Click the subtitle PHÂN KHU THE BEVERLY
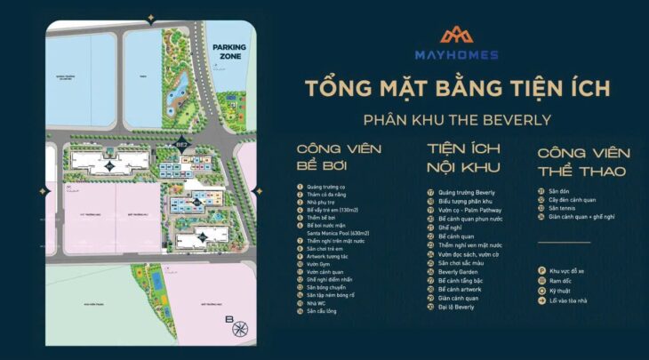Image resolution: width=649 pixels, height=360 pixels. point(457,120)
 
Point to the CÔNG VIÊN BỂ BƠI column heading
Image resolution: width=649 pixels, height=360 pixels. point(333,157)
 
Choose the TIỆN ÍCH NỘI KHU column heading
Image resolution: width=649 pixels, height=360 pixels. point(463,157)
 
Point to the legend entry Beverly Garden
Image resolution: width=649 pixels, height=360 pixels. point(460,273)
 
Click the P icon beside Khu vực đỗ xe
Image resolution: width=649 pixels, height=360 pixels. point(541,270)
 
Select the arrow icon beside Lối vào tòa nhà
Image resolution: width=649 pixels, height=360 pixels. point(541,300)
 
